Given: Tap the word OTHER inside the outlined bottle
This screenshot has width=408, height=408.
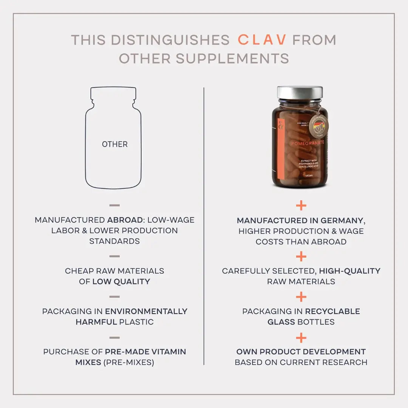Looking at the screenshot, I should pyautogui.click(x=114, y=144).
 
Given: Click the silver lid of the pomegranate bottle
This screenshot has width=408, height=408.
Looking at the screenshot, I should pyautogui.click(x=300, y=93).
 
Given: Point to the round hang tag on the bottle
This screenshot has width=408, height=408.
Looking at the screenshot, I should pyautogui.click(x=319, y=124).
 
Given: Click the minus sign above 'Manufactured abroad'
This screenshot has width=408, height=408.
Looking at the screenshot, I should pyautogui.click(x=114, y=206).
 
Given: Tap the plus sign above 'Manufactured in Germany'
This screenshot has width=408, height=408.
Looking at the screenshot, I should pyautogui.click(x=301, y=206).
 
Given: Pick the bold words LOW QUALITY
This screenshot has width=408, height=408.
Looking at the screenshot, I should pyautogui.click(x=121, y=281).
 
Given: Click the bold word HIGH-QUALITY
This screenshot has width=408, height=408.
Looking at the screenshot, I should pyautogui.click(x=349, y=271).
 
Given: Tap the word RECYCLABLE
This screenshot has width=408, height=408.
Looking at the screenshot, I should pyautogui.click(x=332, y=311).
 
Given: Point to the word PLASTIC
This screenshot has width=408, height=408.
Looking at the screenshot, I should pyautogui.click(x=136, y=322).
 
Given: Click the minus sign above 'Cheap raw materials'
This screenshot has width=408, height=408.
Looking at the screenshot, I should pyautogui.click(x=114, y=257).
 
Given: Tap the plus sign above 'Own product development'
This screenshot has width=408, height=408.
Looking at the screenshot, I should pyautogui.click(x=301, y=338).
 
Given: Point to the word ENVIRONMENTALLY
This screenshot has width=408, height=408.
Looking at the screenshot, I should pyautogui.click(x=146, y=311).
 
